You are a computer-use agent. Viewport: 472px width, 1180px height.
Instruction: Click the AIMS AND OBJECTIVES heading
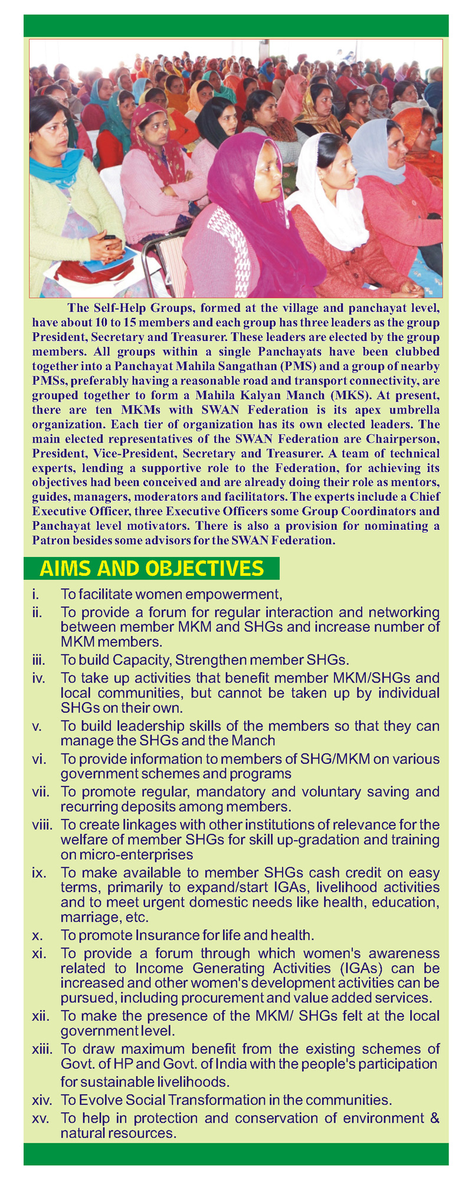[151, 568]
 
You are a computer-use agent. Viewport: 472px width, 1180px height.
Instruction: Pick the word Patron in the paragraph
[50, 540]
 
